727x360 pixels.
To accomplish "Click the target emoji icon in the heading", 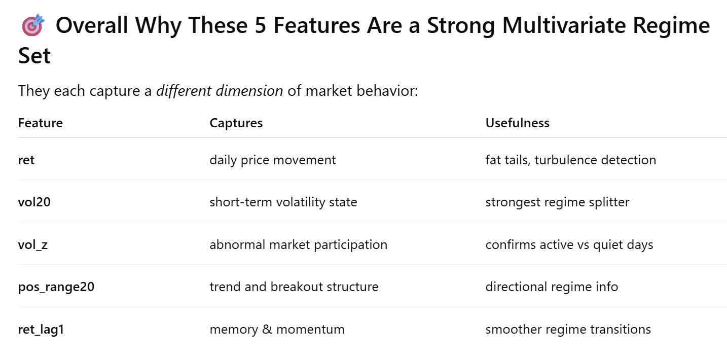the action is (33, 25).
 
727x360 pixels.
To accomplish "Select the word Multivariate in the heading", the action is (564, 25).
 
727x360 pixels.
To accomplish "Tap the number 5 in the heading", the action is (260, 25).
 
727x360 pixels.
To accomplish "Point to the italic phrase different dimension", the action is (220, 91).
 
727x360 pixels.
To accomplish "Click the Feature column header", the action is (41, 123).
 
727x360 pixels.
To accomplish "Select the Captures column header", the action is (236, 123).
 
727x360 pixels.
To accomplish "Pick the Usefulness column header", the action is (517, 123).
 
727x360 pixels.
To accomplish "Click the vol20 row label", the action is (34, 202).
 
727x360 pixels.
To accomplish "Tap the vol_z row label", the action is (33, 244).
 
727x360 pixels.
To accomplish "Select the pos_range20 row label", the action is (56, 286).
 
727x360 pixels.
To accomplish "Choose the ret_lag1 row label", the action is (41, 329).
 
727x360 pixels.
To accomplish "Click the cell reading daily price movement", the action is (273, 160).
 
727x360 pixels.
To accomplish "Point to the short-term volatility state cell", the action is (283, 202).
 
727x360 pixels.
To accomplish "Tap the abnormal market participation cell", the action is (298, 244).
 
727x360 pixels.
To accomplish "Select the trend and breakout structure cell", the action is (294, 286).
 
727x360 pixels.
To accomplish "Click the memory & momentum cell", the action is (277, 329).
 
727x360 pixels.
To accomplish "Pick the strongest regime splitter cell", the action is (557, 202).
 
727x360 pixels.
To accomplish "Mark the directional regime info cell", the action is (552, 286).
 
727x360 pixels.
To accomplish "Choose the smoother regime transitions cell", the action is (568, 329).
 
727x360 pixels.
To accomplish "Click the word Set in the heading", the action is (34, 56).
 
